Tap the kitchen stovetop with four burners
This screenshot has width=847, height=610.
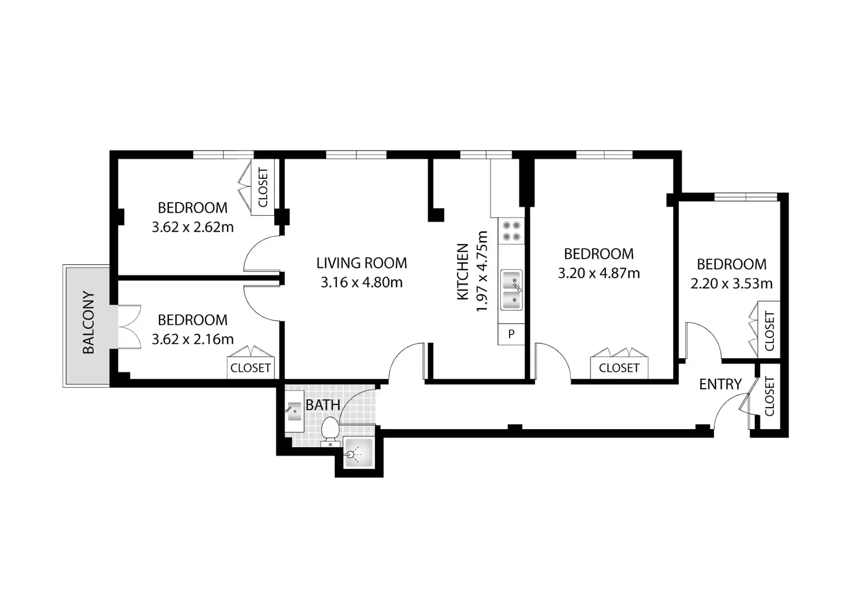pos(511,231)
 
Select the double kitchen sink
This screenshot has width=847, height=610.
pos(511,290)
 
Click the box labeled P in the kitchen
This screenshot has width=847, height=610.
pos(511,334)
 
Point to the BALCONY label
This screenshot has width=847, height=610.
pos(88,322)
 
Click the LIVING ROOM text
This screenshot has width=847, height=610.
pos(362,263)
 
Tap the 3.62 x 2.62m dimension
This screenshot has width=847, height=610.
pos(193,227)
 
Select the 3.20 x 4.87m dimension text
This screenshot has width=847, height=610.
pos(599,273)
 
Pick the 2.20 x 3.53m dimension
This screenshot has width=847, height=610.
pos(731,284)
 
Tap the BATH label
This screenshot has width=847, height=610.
pos(323,405)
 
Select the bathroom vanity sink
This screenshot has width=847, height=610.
pos(295,411)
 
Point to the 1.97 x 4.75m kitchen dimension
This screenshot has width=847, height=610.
pos(481,271)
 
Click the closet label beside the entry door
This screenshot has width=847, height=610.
pos(769,396)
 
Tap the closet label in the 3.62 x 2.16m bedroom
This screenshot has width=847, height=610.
pos(250,367)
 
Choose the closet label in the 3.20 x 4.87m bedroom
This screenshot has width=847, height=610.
pos(619,367)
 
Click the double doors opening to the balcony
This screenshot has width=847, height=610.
pos(129,327)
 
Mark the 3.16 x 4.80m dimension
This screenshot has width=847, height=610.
pos(362,282)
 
